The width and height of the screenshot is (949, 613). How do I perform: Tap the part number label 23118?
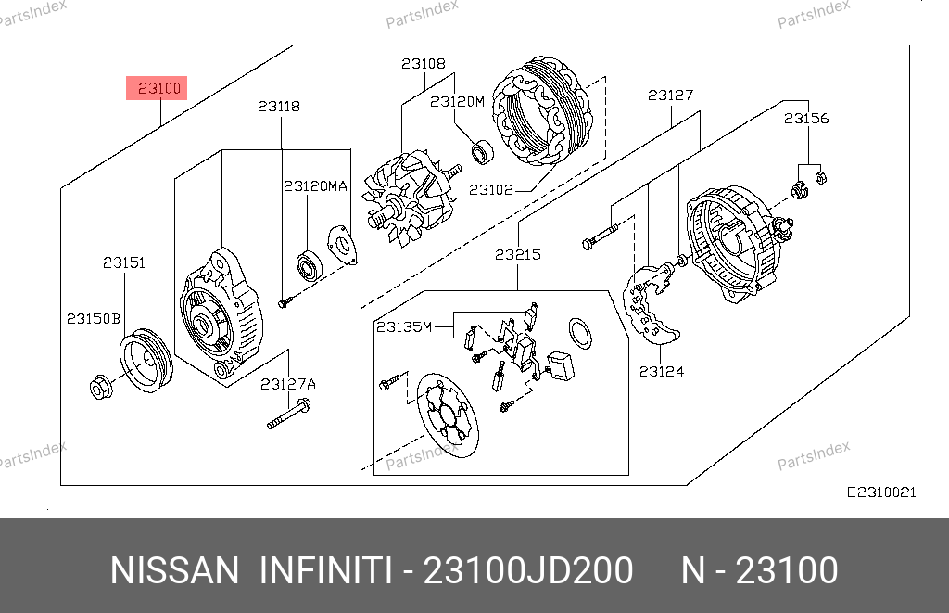coord(279,107)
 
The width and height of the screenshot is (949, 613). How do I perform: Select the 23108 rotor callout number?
coord(423,64)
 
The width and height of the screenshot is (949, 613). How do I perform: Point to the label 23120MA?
coord(315,186)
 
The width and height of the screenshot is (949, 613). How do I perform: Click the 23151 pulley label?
coord(124,262)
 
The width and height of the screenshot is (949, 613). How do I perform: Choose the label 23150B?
coord(94,319)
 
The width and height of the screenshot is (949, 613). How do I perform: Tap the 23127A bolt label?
coord(288,384)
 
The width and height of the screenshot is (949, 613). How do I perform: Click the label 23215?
coord(518,255)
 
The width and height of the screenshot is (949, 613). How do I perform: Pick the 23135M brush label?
coord(404,327)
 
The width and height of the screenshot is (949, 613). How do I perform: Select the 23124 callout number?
coord(662,371)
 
